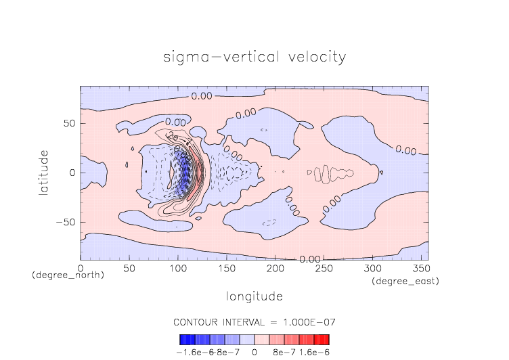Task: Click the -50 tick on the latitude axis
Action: point(66,222)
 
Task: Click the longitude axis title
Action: point(255,296)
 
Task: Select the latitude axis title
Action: point(44,173)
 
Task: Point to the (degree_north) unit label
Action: point(68,275)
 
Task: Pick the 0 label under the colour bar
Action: point(255,352)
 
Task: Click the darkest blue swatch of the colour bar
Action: point(183,340)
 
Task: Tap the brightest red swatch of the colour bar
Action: point(326,340)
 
